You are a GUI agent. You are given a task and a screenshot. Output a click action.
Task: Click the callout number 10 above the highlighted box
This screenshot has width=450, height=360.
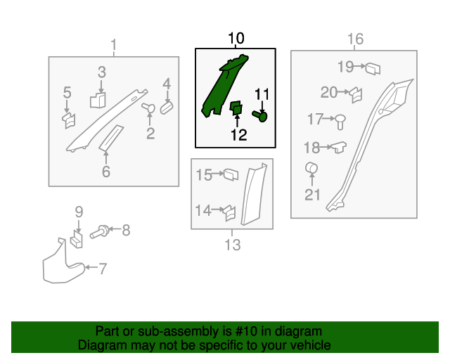(x=236, y=38)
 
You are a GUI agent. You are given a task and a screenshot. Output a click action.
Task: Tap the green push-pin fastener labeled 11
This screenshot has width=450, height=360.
(x=260, y=116)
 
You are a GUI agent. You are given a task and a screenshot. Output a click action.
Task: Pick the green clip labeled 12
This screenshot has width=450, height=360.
(x=236, y=108)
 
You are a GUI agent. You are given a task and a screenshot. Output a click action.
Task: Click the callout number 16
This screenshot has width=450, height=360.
(x=355, y=39)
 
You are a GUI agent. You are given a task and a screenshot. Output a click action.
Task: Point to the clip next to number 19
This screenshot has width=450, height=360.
(x=373, y=69)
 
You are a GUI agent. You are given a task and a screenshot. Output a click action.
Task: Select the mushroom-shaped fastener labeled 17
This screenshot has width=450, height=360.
(x=340, y=122)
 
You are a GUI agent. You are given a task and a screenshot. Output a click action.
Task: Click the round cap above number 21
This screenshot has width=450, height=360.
(x=311, y=167)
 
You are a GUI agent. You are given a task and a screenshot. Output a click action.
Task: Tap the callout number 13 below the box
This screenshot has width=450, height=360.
(x=232, y=245)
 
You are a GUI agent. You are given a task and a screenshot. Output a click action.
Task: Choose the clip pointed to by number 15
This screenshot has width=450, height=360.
(x=231, y=174)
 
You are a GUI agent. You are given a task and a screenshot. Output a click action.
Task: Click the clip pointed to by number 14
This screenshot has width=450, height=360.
(x=230, y=213)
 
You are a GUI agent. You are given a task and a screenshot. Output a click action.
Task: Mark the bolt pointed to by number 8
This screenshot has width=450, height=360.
(x=99, y=231)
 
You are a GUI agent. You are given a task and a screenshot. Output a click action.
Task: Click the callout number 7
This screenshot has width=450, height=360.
(x=103, y=269)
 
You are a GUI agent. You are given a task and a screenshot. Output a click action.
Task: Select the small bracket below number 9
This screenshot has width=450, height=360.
(x=77, y=239)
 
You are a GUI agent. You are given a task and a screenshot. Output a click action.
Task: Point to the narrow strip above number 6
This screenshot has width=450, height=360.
(x=111, y=138)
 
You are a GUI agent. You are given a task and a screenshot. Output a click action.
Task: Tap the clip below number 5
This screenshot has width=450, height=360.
(x=69, y=120)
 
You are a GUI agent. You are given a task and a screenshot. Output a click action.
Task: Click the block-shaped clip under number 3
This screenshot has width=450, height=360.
(x=98, y=100)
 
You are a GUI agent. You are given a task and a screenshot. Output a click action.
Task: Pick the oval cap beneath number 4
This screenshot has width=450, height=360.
(x=167, y=107)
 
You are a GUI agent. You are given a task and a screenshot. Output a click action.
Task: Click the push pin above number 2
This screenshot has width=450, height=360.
(x=148, y=108)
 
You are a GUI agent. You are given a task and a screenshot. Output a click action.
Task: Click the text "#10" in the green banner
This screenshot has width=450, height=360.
(x=247, y=331)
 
